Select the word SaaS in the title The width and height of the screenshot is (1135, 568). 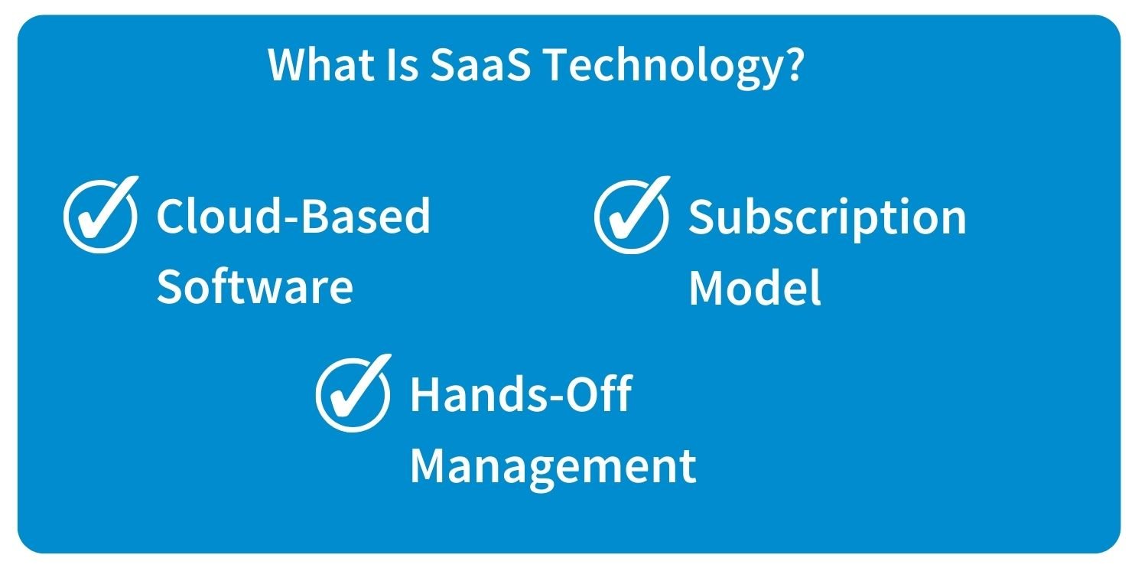480,64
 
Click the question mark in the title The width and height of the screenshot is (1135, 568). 792,64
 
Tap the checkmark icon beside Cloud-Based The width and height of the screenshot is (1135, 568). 101,214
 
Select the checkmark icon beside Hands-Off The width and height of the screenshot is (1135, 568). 353,393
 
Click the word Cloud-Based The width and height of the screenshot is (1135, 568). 294,216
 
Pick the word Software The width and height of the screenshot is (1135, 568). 255,286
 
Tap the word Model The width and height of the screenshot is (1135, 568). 754,286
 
